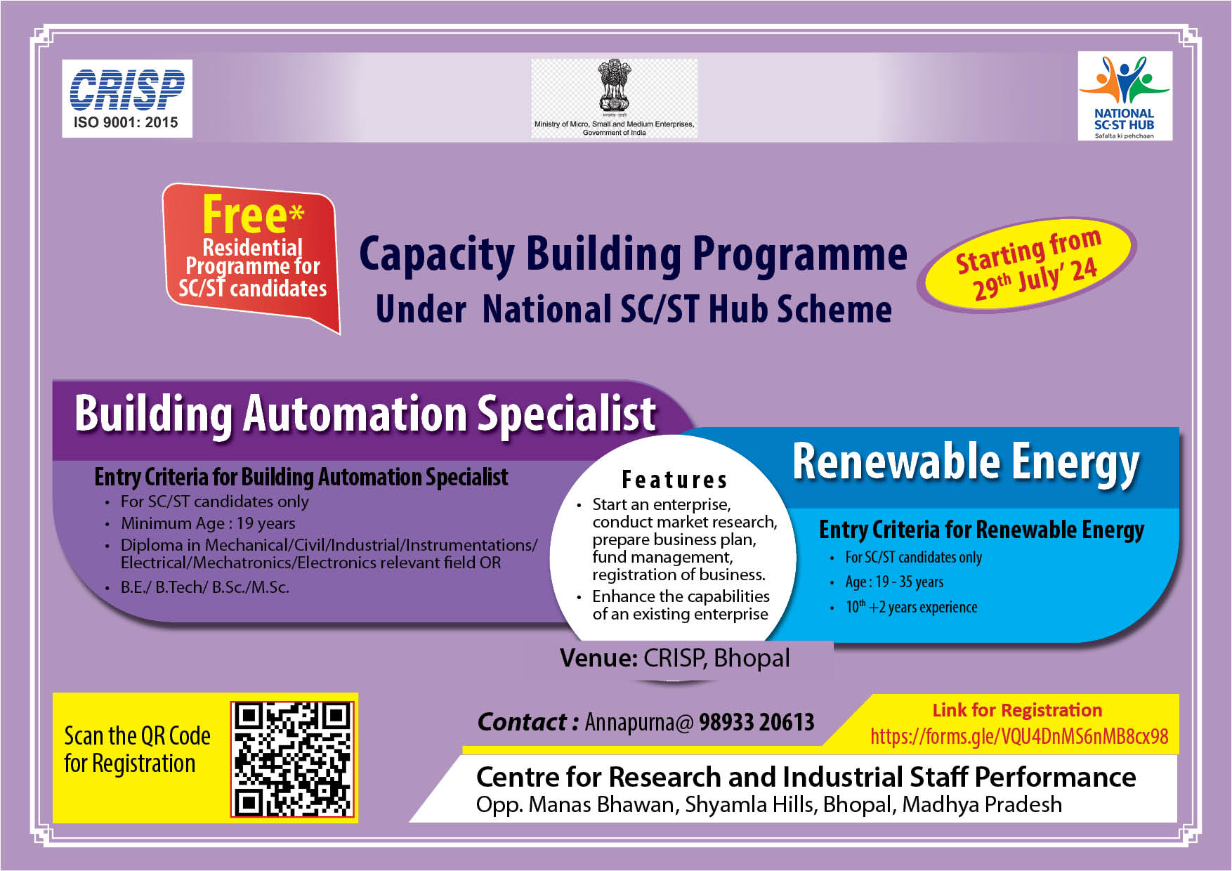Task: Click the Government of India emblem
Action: pos(615,85)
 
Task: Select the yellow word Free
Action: pos(244,214)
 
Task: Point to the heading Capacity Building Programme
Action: pos(633,254)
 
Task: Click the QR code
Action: pos(292,759)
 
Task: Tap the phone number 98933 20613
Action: pos(756,722)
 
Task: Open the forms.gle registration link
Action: pos(1019,736)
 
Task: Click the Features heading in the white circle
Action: pos(674,480)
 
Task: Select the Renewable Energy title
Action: pos(966,463)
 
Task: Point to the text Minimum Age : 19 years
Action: pos(208,523)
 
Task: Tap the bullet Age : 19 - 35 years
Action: pos(894,582)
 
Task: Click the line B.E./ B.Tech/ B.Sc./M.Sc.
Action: pos(204,587)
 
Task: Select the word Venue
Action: pos(598,658)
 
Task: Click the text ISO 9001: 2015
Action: pos(126,123)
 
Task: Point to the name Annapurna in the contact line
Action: pos(635,722)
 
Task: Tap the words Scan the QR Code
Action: pos(137,736)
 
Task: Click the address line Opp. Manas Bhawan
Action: pos(768,805)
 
